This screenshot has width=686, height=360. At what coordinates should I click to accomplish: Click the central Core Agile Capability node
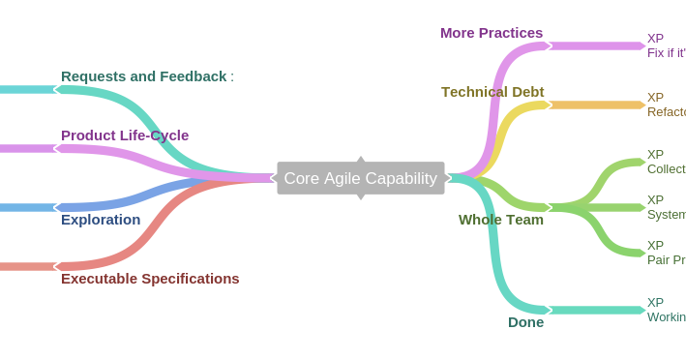tap(360, 178)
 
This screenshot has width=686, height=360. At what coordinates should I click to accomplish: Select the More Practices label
tap(492, 33)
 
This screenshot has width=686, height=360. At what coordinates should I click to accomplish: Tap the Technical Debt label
tap(492, 92)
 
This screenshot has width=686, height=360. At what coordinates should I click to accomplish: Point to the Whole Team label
tap(501, 220)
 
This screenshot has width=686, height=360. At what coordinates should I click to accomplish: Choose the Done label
tap(525, 322)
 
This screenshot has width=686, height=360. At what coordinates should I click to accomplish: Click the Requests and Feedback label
tap(144, 76)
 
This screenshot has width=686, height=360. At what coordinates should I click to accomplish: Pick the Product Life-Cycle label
tap(125, 135)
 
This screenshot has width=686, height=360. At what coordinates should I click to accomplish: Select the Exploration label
tap(101, 220)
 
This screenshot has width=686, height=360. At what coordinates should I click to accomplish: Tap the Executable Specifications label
tap(150, 279)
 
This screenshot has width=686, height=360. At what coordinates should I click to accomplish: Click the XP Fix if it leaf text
tap(666, 45)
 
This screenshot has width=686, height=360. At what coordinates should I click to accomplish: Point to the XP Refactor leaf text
tap(666, 105)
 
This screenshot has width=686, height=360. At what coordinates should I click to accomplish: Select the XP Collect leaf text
tap(666, 162)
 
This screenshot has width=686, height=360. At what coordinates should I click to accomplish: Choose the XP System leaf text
tap(666, 207)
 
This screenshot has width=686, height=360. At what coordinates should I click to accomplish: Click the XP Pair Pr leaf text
tap(666, 253)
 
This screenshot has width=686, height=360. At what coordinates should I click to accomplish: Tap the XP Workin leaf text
tap(666, 310)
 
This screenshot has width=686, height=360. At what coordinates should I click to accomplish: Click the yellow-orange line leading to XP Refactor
tap(595, 105)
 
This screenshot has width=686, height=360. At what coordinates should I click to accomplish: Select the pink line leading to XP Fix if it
tap(595, 45)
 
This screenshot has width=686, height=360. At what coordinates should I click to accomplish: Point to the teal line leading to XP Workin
tap(595, 310)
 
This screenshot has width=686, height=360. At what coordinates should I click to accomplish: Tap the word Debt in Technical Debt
tap(524, 92)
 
